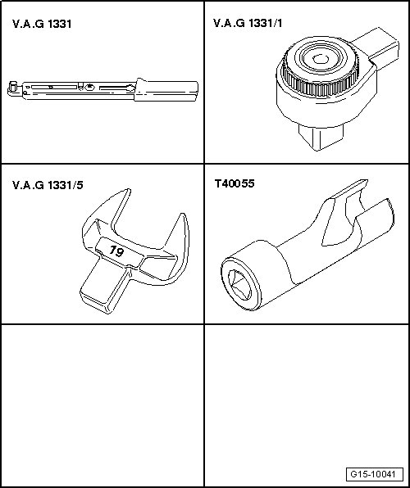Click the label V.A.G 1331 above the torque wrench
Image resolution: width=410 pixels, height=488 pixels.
click(x=42, y=25)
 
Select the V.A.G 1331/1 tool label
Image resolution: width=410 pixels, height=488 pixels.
click(x=248, y=25)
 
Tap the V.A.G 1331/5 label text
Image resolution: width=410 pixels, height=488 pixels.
click(x=48, y=185)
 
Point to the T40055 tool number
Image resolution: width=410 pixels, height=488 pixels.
click(x=234, y=185)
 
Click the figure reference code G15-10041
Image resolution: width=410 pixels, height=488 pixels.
click(x=375, y=475)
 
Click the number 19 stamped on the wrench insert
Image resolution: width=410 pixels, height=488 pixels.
click(x=116, y=252)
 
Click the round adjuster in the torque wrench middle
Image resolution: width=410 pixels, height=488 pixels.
click(x=88, y=86)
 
